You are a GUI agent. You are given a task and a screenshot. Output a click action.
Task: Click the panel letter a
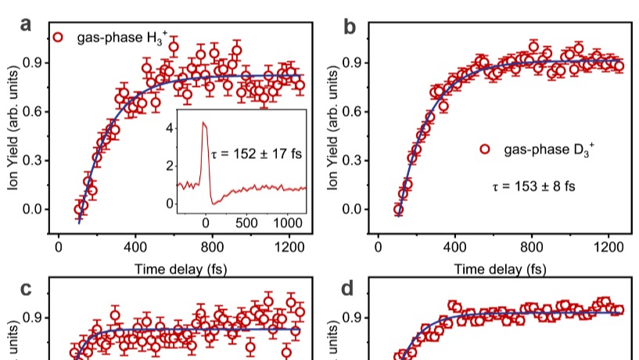(26, 25)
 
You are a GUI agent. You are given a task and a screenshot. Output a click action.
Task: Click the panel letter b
(350, 27)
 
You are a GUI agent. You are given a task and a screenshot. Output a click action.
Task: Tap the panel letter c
(26, 289)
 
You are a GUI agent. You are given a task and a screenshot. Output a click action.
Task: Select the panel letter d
(347, 289)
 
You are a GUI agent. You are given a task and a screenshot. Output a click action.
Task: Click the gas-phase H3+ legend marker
(58, 38)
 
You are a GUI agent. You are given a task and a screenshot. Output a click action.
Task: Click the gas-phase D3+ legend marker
(485, 149)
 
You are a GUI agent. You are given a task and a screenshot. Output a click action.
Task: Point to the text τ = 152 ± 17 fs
(257, 153)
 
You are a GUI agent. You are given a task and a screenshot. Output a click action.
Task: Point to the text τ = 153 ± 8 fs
(534, 186)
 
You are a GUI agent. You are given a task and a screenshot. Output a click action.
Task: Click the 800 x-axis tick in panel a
(212, 247)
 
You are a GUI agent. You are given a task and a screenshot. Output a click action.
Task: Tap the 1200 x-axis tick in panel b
(608, 247)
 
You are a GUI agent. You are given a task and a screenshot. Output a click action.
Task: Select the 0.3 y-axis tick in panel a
(33, 160)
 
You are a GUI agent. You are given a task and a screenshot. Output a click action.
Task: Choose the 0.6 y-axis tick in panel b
(353, 111)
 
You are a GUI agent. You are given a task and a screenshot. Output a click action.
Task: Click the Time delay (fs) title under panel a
(181, 269)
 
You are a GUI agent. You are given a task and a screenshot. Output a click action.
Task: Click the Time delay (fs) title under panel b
(500, 269)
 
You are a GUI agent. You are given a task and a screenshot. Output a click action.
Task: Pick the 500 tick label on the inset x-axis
(246, 223)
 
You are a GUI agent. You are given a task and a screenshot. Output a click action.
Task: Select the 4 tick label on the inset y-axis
(170, 128)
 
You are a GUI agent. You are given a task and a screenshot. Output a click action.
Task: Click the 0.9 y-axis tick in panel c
(33, 318)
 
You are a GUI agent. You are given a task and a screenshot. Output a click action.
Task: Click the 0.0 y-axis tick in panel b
(353, 209)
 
